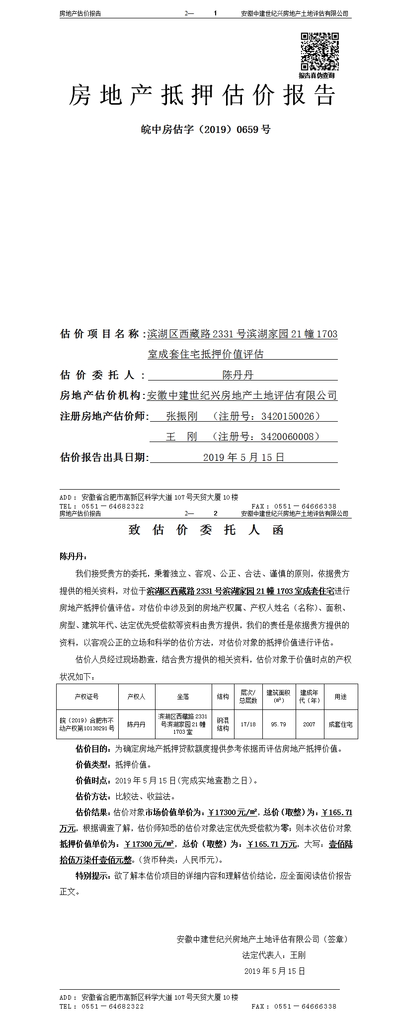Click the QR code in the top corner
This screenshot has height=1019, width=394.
point(319,51)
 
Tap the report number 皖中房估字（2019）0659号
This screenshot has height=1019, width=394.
point(205,129)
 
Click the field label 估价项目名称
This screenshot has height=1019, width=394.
point(99,334)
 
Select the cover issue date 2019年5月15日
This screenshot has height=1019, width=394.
point(243,457)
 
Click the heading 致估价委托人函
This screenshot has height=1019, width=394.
point(206,530)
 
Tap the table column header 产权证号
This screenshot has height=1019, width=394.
point(86,697)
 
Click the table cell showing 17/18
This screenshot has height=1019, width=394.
point(248,724)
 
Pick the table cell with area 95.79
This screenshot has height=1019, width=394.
point(278,724)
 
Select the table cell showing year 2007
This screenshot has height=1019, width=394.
point(309,724)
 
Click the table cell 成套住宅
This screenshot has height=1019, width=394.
point(340,724)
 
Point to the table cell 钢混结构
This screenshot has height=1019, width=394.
point(223,724)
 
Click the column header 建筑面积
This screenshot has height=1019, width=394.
point(278,696)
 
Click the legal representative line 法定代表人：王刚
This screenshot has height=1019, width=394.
point(273,955)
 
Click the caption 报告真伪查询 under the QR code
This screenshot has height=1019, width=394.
point(316,75)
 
